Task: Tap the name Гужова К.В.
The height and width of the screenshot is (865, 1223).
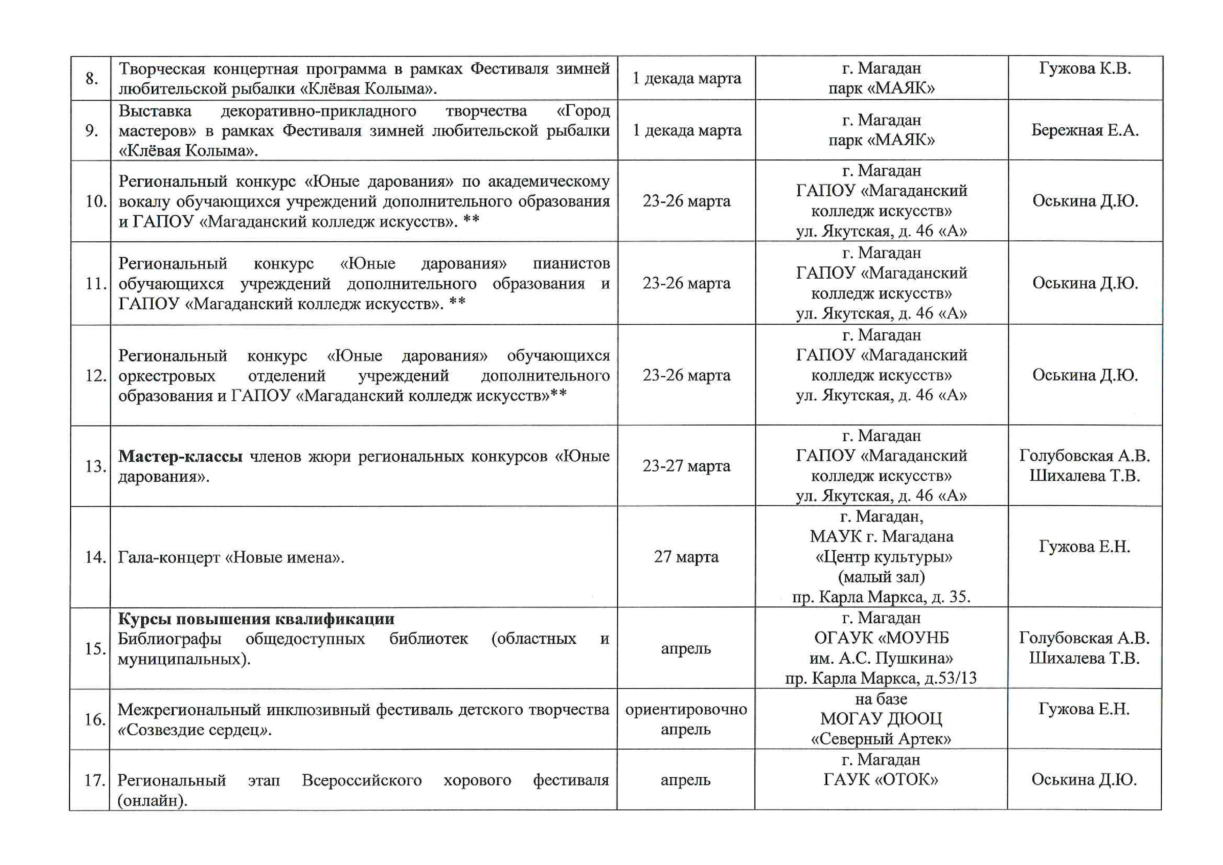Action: (1085, 68)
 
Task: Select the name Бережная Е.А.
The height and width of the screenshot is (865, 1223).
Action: (1085, 130)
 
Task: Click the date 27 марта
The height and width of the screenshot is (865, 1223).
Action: (686, 557)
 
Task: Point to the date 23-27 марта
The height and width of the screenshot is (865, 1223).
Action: (686, 466)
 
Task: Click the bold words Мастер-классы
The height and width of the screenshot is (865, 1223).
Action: (180, 456)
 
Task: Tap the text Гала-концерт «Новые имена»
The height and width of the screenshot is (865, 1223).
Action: (231, 557)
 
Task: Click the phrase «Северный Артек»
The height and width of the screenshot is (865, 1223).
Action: (881, 739)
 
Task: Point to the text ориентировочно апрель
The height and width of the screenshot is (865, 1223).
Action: (686, 719)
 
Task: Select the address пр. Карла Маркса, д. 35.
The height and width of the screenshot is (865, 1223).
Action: (881, 597)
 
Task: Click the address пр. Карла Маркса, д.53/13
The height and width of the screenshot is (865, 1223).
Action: (881, 678)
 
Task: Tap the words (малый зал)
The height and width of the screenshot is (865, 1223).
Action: (881, 577)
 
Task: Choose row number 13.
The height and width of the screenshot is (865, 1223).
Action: (95, 466)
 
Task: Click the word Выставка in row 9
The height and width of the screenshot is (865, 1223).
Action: (154, 111)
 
